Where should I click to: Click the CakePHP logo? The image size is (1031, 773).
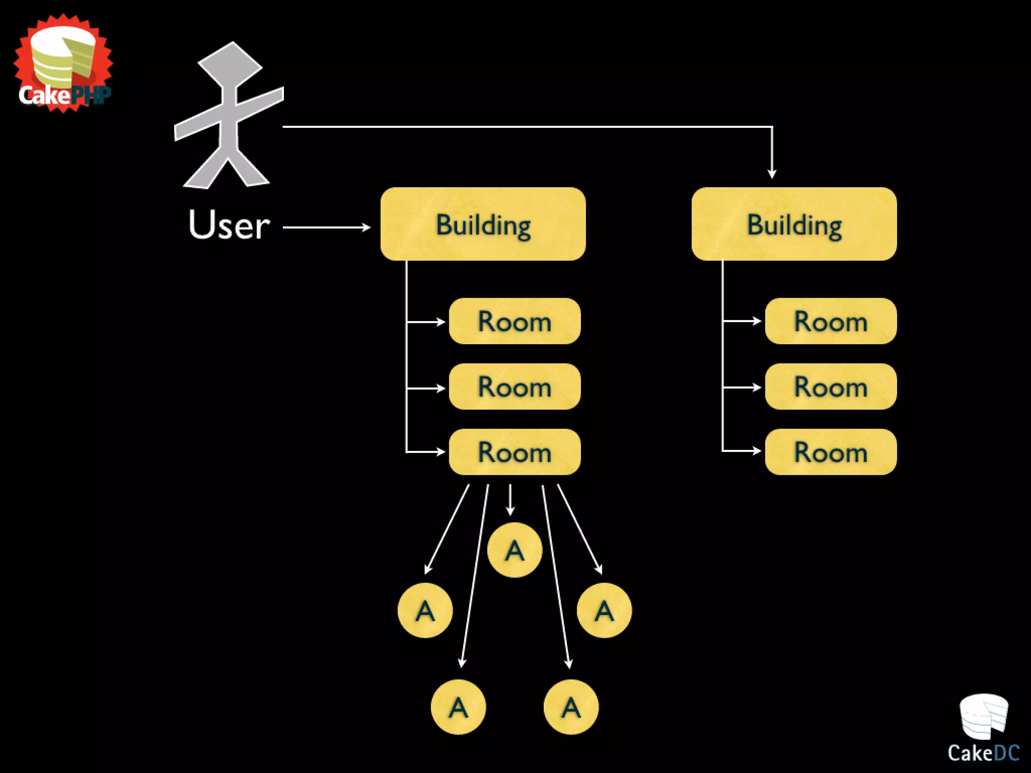pos(63,63)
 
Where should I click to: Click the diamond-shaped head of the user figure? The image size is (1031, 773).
pos(231,64)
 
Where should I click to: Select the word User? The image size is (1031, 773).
pos(229,225)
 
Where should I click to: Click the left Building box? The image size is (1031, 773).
pos(483,224)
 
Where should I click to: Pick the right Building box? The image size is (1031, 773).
pos(794,224)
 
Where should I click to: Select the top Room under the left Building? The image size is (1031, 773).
pos(514,321)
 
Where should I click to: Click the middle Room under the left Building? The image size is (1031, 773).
pos(514,386)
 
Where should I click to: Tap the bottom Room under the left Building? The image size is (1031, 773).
pos(514,452)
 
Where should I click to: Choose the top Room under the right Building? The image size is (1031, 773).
pos(831,321)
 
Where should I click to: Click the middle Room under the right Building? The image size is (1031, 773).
pos(831,386)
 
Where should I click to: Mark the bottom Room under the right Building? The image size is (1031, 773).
pos(831,452)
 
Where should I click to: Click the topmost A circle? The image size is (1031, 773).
pos(514,550)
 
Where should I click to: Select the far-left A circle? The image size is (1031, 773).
pos(425,610)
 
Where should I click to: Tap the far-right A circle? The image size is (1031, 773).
pos(604,610)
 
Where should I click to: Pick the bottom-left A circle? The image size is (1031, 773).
pos(458,707)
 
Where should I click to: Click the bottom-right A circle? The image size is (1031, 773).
pos(571,707)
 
